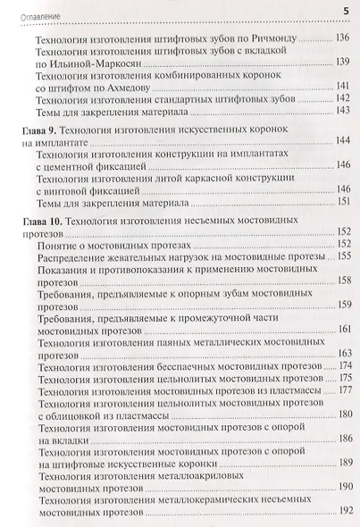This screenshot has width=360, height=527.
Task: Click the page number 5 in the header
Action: pyautogui.click(x=346, y=10)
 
